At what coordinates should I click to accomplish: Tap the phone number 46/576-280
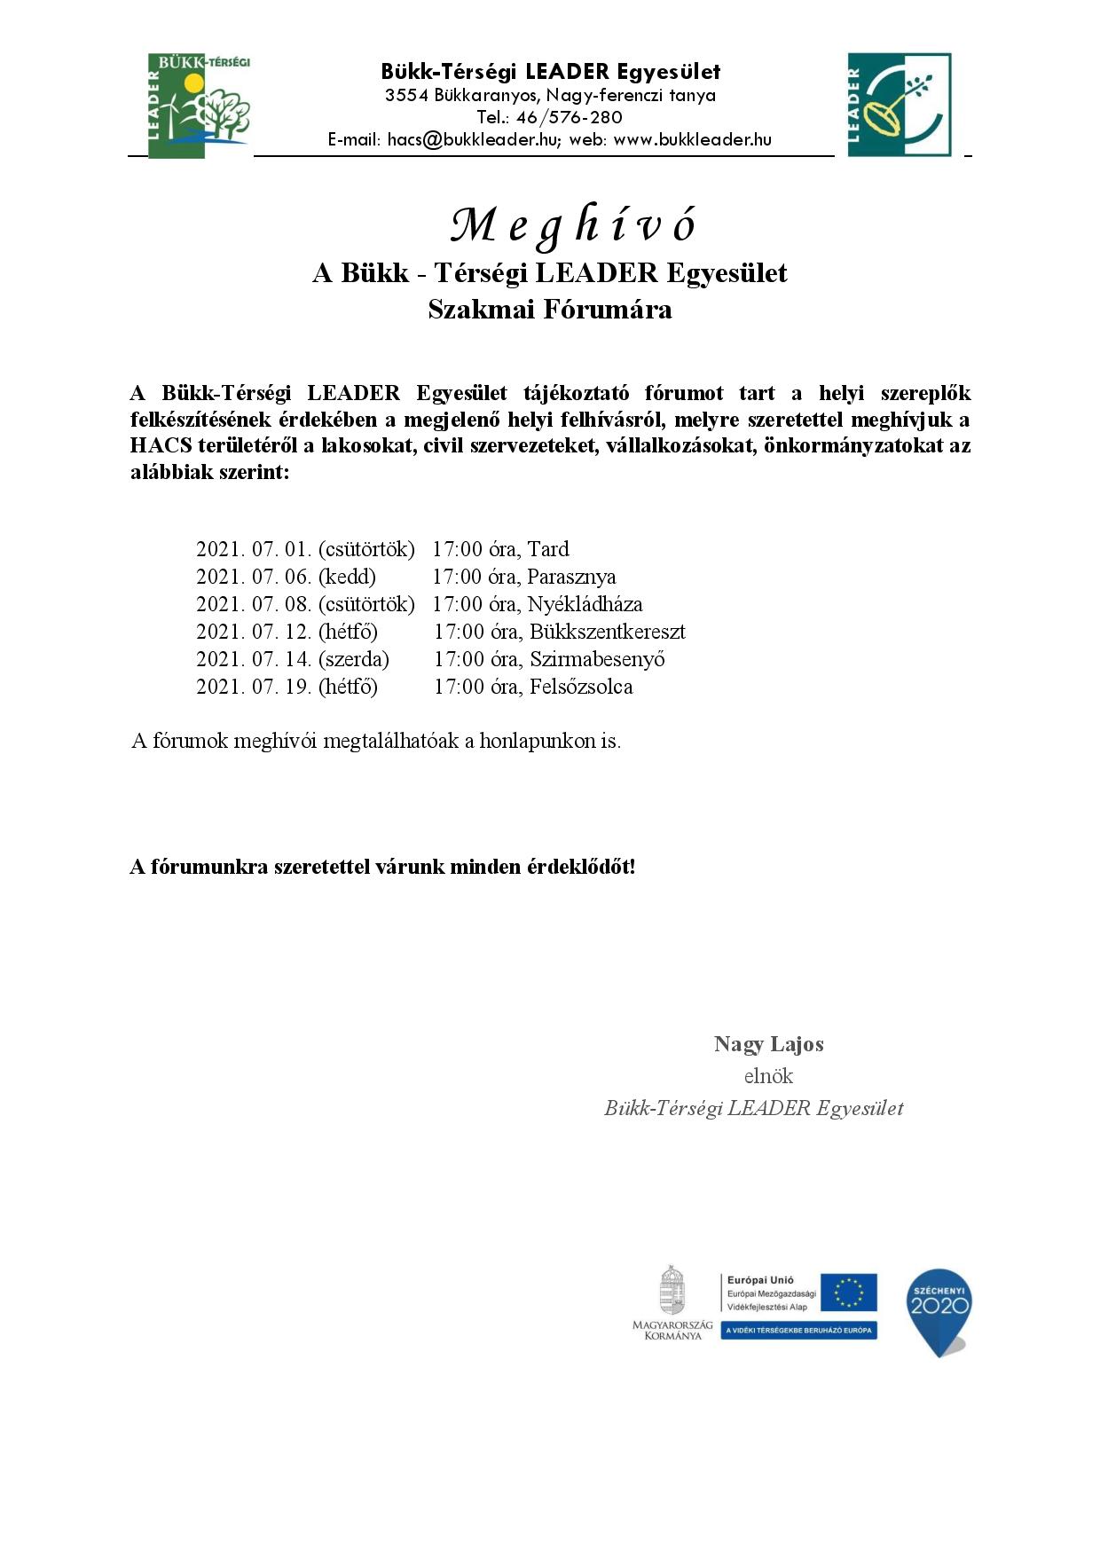[x=569, y=117]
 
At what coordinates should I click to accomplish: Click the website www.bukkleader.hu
[x=692, y=139]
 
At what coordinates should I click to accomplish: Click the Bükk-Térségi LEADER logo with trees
[x=199, y=105]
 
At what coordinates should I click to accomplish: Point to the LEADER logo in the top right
[x=899, y=105]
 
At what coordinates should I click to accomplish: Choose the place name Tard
[x=548, y=549]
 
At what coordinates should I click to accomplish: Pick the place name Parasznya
[x=571, y=577]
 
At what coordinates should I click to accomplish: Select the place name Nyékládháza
[x=585, y=604]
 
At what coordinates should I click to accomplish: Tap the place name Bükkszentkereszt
[x=608, y=632]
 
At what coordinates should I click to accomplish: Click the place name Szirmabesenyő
[x=597, y=659]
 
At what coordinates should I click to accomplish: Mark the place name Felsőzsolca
[x=581, y=687]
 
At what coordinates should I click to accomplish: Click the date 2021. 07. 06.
[x=254, y=577]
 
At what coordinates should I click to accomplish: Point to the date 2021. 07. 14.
[x=254, y=659]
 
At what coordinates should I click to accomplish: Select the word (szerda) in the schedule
[x=354, y=659]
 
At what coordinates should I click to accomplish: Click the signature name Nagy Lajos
[x=768, y=1044]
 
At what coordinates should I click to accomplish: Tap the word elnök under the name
[x=768, y=1076]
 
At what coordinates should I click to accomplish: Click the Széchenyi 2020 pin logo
[x=939, y=1311]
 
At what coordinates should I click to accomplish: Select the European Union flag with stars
[x=848, y=1293]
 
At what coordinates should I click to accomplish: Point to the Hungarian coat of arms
[x=672, y=1291]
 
